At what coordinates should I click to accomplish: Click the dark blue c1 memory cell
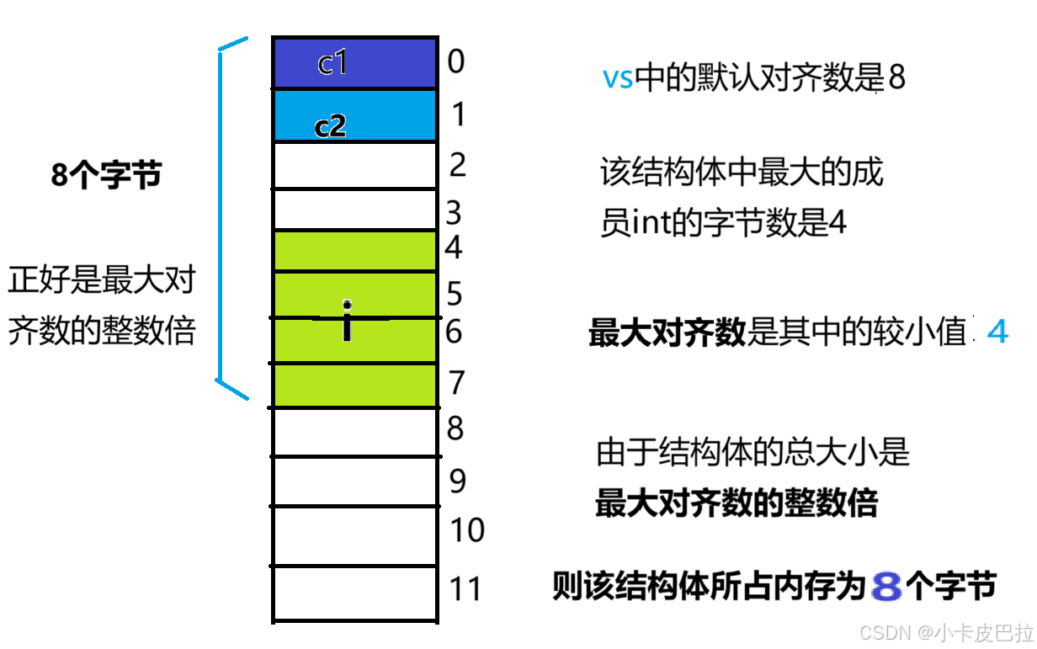coord(354,63)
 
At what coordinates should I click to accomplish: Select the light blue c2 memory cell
coord(354,115)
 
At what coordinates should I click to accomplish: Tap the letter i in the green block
coord(347,321)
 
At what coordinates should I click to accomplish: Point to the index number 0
coord(456,61)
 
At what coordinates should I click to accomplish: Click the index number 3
coord(455,213)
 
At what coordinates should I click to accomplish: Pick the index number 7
coord(456,382)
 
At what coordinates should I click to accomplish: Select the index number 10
coord(467,530)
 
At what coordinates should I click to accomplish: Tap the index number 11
coord(465,589)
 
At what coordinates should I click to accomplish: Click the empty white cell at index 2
coord(354,166)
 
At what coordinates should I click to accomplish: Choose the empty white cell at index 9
coord(354,481)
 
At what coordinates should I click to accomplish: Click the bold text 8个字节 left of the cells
coord(106,177)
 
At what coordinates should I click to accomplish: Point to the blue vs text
coord(617,79)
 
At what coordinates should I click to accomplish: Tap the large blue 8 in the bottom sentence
coord(887,587)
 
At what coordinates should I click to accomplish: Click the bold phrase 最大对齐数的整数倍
coord(737,503)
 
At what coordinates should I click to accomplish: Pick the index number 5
coord(455,295)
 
